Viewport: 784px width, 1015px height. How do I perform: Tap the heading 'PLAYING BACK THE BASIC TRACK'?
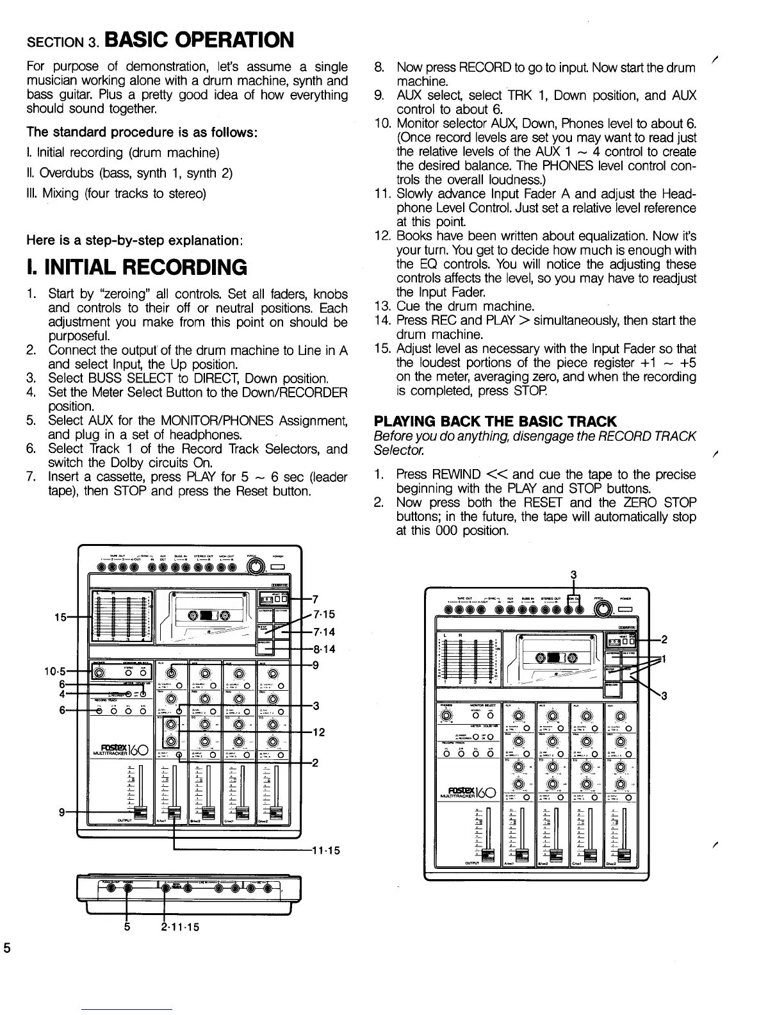click(x=495, y=421)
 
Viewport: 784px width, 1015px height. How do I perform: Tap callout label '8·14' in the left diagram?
click(x=323, y=649)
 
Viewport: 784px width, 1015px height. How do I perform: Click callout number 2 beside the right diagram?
click(x=664, y=640)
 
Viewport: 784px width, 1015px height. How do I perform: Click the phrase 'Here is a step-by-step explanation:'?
click(x=135, y=241)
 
